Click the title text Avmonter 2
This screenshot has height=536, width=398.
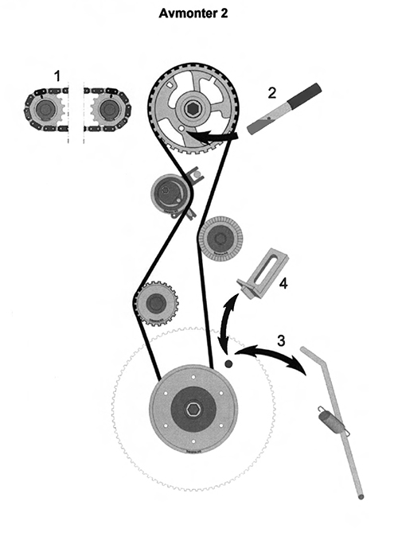[193, 14]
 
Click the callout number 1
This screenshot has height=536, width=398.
[57, 76]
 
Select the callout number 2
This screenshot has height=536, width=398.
[271, 93]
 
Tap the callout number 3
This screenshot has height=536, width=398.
[281, 340]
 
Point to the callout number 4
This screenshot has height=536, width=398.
[283, 283]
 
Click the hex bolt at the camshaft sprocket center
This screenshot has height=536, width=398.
[190, 109]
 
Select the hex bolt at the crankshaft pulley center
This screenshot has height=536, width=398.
[193, 410]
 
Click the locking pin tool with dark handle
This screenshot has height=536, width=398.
[284, 107]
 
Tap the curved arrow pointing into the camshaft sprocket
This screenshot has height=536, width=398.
[212, 138]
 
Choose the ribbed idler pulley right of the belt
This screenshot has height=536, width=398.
[220, 238]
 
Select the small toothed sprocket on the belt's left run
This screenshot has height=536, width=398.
[158, 302]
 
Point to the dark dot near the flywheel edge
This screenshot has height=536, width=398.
[228, 363]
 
